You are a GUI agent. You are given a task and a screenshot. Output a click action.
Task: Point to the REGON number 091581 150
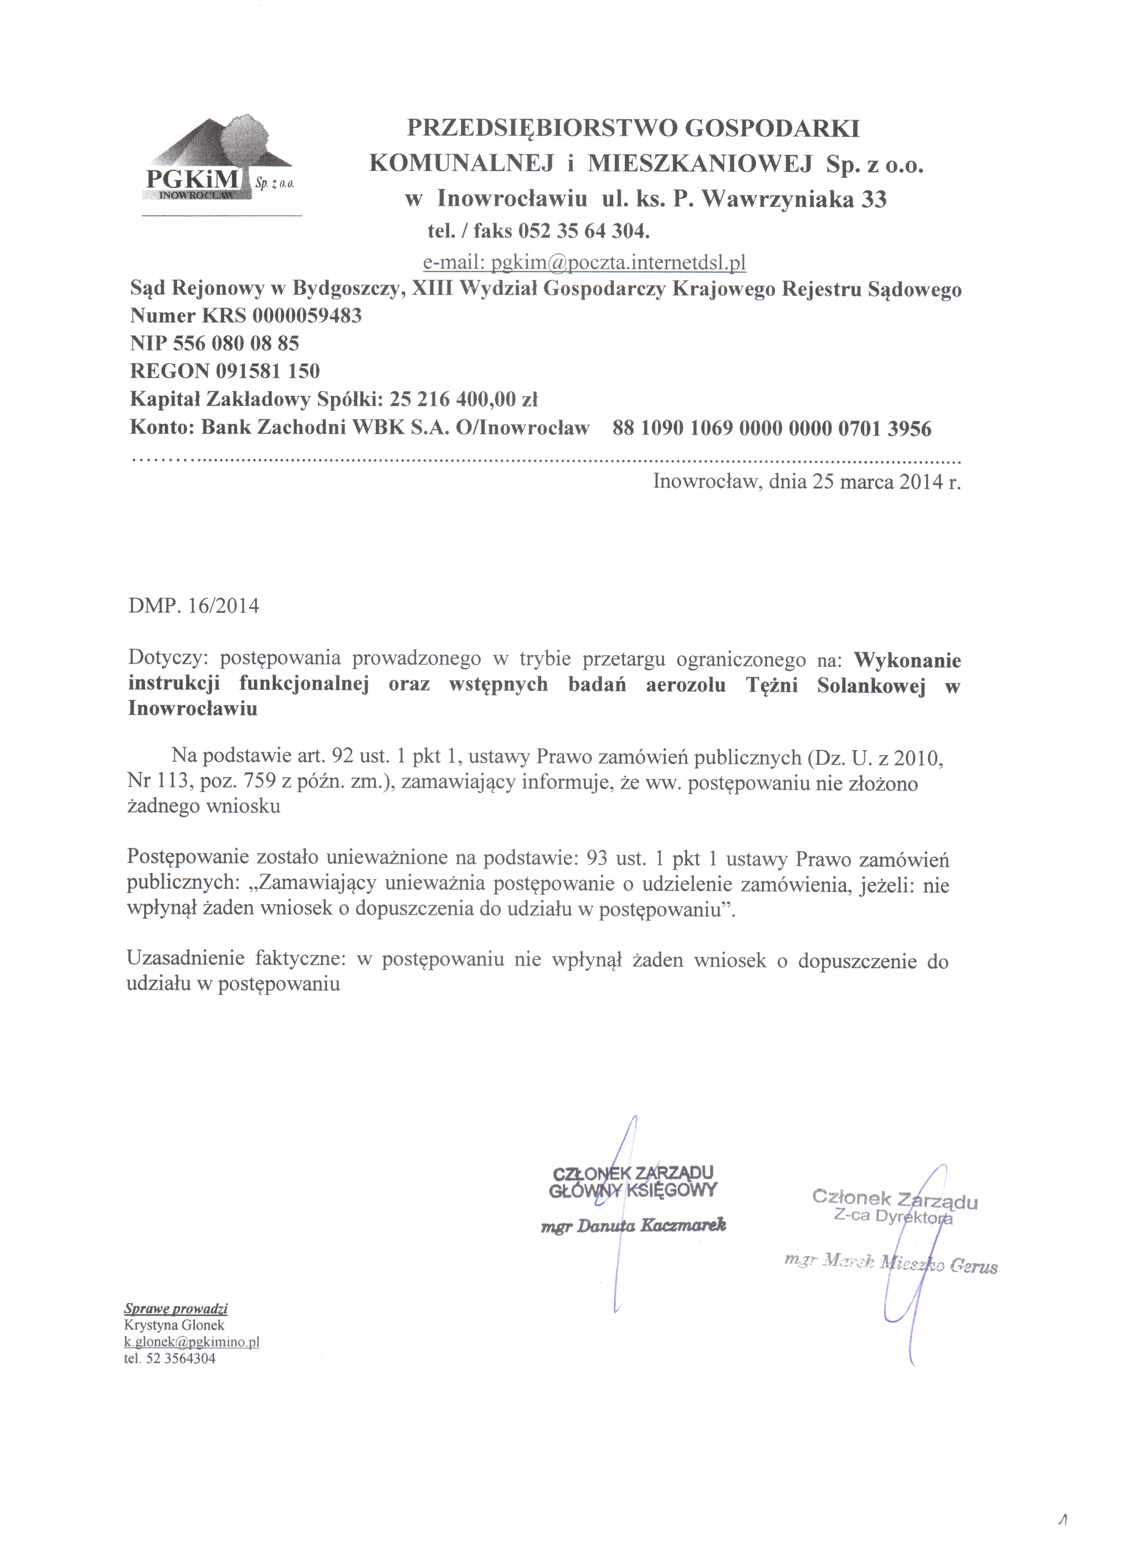[x=267, y=371]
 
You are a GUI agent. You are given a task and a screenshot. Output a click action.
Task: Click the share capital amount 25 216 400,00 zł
[x=463, y=399]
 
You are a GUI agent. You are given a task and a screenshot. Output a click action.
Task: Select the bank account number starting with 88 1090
[x=772, y=429]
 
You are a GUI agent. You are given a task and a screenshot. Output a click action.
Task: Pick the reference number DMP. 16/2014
[x=193, y=606]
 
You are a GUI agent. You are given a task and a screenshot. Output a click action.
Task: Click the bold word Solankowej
[x=871, y=685]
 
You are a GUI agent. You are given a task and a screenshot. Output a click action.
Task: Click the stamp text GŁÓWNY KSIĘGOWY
[x=633, y=1191]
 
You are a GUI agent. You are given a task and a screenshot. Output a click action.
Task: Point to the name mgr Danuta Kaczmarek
[x=633, y=1226]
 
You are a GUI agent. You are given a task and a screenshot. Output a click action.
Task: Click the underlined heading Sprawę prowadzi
[x=176, y=1308]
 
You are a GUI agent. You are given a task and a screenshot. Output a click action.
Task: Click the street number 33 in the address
[x=874, y=199]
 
